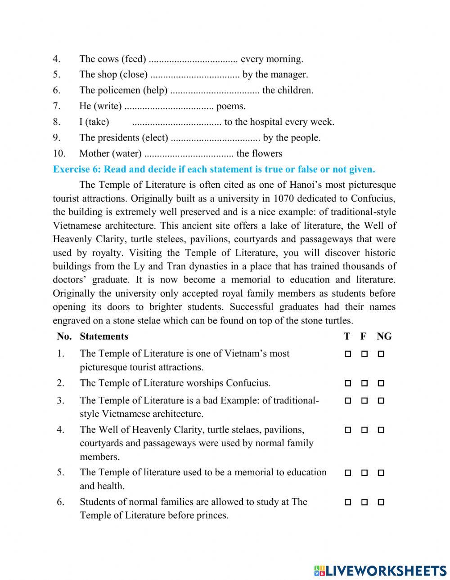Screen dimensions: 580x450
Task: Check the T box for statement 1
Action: coord(347,354)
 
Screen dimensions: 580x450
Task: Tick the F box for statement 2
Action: coord(364,384)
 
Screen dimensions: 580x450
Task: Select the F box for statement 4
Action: coord(364,430)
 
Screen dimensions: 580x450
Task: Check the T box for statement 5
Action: coord(347,473)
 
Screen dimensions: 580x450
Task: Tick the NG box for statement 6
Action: coord(381,502)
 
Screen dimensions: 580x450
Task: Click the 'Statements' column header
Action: coord(103,336)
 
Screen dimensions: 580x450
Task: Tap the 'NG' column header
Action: coord(384,336)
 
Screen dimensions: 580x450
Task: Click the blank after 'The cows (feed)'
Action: coord(193,59)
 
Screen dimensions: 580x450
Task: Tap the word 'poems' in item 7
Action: coord(230,106)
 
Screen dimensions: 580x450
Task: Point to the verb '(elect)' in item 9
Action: coord(155,138)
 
